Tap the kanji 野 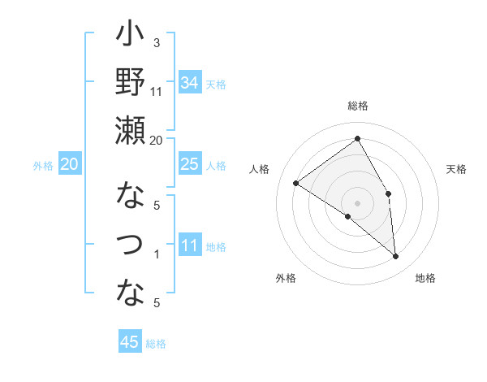coord(130,82)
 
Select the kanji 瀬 coord(130,130)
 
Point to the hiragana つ coord(130,244)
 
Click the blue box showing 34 coord(190,82)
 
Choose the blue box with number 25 coord(190,164)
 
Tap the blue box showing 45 coord(130,342)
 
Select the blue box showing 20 coord(69,165)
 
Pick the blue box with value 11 coord(190,245)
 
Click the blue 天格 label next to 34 coord(216,84)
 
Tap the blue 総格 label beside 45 coord(156,344)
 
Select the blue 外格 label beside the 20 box coord(43,166)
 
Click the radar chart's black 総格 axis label coord(357,106)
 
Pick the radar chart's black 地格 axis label coord(425,278)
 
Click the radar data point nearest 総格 coord(357,138)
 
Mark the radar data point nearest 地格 coord(396,257)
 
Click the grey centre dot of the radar coord(357,202)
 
